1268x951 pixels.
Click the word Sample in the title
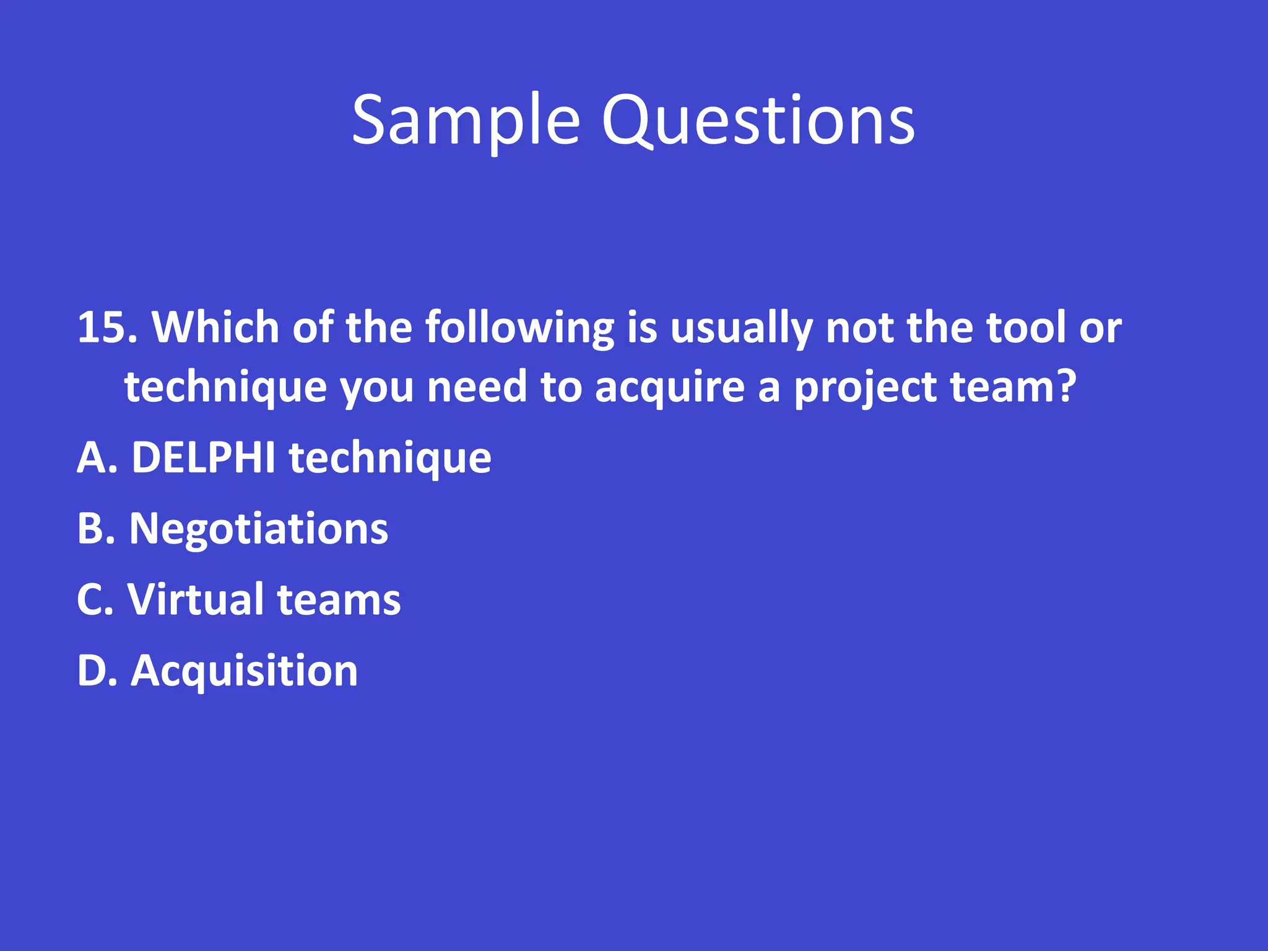tap(466, 121)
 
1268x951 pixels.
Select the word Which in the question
tap(215, 327)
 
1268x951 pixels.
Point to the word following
tap(519, 328)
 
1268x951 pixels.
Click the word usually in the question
tap(741, 328)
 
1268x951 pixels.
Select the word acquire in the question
tap(670, 387)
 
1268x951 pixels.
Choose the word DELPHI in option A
tap(204, 458)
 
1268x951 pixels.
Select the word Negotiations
tap(258, 530)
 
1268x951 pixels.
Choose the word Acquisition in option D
tap(244, 672)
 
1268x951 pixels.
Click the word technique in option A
tap(390, 459)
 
